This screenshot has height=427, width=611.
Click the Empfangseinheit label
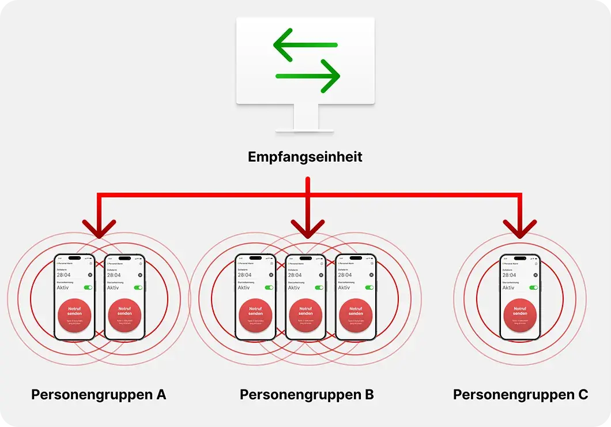tap(305, 156)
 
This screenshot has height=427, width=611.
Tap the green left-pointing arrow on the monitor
tap(305, 45)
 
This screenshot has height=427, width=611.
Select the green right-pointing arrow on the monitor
tap(308, 76)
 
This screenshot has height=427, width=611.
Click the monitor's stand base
tap(305, 129)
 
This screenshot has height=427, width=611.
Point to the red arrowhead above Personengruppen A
tap(99, 229)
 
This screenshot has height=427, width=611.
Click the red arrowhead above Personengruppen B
tap(308, 229)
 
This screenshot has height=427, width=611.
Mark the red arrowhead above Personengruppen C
tap(520, 229)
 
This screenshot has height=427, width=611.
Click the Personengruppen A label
tap(99, 395)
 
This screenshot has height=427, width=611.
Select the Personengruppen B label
tap(307, 395)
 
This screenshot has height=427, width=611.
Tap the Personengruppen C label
tap(521, 395)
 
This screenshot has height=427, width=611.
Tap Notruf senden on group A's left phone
tap(75, 314)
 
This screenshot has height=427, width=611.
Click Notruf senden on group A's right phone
tap(125, 314)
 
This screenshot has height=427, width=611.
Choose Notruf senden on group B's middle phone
tap(305, 314)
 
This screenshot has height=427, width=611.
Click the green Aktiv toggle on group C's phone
tap(534, 287)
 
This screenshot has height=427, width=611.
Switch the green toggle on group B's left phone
tap(269, 287)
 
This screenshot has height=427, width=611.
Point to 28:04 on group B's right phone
tap(345, 275)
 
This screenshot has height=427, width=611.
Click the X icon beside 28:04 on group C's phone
tap(535, 275)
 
